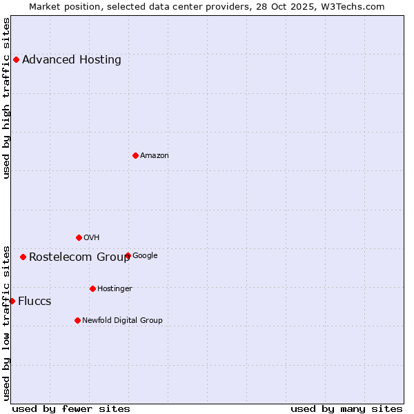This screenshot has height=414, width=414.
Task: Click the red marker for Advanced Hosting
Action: coord(16,59)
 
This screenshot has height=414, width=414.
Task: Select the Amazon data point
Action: coord(135,155)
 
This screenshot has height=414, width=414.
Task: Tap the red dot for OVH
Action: coord(79,237)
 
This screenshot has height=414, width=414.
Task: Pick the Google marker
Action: coord(128,255)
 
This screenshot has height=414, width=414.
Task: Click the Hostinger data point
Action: coord(92,288)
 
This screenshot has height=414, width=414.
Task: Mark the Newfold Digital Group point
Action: coord(77,320)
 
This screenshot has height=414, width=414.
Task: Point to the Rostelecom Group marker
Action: coord(23,257)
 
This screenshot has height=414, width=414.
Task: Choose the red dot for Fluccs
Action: coord(12,301)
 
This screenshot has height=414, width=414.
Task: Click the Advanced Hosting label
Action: coord(72,59)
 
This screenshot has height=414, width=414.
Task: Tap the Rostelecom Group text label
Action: coord(79,257)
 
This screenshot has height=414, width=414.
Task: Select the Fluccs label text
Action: coord(34,301)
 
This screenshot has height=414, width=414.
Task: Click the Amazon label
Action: coord(155,155)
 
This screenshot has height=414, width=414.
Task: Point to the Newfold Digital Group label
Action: coord(122,320)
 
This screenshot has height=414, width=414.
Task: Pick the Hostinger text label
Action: coord(115,288)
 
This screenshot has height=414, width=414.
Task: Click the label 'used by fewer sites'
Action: coord(71,408)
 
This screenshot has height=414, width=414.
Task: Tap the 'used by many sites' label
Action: coord(346,408)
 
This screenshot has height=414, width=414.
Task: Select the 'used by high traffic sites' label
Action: coord(6,97)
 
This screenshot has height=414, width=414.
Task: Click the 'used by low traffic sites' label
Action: coord(6,323)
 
